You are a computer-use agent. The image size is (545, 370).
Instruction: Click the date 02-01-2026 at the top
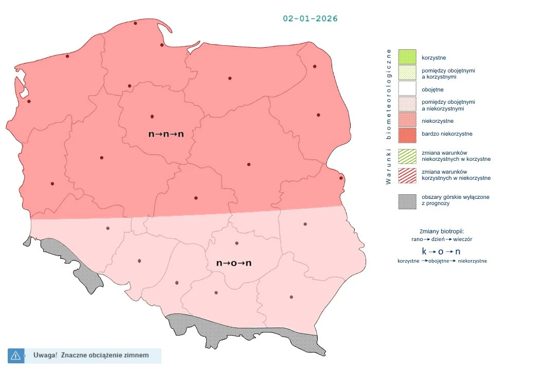tap(310, 18)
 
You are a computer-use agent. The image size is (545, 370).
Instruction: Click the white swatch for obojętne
tap(407, 89)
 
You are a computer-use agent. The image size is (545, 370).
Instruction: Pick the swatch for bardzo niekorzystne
tap(407, 134)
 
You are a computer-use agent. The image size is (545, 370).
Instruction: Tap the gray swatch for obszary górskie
tap(407, 200)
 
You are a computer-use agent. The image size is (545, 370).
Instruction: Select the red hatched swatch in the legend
tap(407, 175)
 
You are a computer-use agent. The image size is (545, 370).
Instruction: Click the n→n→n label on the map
tap(166, 134)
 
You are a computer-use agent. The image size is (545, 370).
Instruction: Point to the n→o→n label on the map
tap(234, 263)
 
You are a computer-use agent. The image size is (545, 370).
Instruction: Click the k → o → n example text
tap(441, 251)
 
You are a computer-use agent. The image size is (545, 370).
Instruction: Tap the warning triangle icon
tap(15, 355)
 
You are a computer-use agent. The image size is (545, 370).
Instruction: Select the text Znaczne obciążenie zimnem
tap(104, 355)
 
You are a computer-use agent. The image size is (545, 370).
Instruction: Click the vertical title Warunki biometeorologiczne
tap(389, 116)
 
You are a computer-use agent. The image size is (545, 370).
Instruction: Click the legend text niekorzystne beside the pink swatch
tap(437, 121)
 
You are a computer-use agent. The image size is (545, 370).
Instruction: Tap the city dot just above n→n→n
tap(152, 116)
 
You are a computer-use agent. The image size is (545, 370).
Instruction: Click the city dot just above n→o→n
tap(237, 243)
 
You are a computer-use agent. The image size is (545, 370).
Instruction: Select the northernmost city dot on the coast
tap(135, 23)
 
